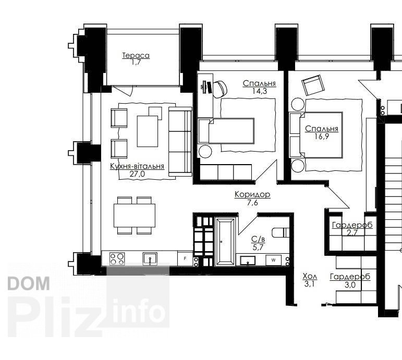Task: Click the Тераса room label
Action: (x=136, y=55)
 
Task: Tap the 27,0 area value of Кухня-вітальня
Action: (x=137, y=174)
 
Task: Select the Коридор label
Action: (x=252, y=194)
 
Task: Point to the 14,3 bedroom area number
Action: (x=260, y=91)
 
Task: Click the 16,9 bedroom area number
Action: (x=322, y=136)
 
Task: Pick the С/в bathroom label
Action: (x=258, y=239)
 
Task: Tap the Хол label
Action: (x=310, y=276)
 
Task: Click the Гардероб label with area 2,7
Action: (x=352, y=225)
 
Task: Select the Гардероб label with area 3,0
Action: (x=350, y=277)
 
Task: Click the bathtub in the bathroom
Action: (x=225, y=242)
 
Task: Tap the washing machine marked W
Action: (x=273, y=260)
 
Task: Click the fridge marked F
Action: (x=185, y=258)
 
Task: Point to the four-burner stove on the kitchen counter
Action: (x=117, y=259)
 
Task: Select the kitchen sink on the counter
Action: (x=150, y=258)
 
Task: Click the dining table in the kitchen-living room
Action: (x=135, y=215)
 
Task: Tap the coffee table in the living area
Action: (x=148, y=131)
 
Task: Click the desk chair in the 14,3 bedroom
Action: (x=220, y=89)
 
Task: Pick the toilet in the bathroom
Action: (x=281, y=232)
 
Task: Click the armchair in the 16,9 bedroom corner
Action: (x=312, y=85)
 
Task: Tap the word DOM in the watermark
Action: (x=29, y=283)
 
